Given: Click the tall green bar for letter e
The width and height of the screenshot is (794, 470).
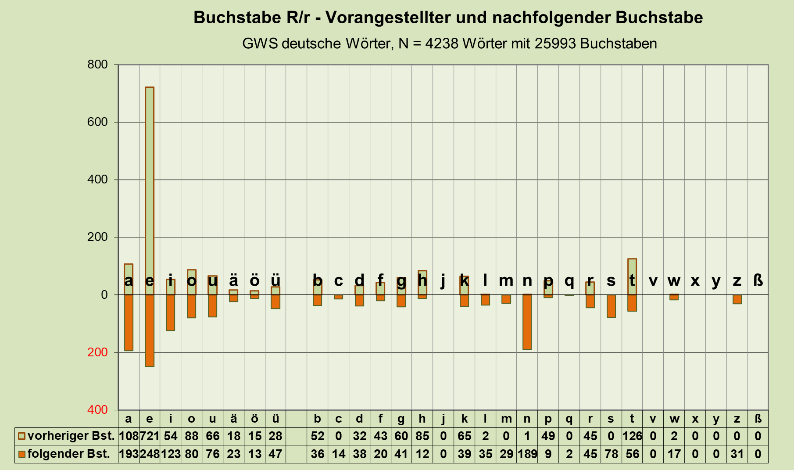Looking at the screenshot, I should point(150,184).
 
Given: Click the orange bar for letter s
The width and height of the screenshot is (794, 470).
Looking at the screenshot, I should point(611,306).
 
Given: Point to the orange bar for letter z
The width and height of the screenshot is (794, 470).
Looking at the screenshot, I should point(737,299).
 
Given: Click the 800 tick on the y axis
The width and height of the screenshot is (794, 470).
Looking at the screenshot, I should point(97,65).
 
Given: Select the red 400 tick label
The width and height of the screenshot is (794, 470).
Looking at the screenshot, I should point(97,410).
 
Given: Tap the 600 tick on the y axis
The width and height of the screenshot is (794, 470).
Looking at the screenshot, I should point(97,122).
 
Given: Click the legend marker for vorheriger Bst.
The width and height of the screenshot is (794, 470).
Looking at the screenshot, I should point(21,436).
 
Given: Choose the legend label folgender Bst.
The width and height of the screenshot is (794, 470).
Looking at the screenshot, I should point(68,454).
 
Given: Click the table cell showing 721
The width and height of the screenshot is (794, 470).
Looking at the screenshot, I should point(150,436).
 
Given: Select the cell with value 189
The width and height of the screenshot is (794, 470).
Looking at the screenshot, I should point(527,454).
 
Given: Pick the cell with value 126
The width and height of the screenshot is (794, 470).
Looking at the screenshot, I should point(632,436).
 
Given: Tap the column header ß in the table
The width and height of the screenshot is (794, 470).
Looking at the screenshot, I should point(758,419).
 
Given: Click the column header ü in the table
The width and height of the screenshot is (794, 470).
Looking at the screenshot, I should point(275,419).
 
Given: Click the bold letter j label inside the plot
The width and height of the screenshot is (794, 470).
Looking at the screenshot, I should point(443,281).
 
